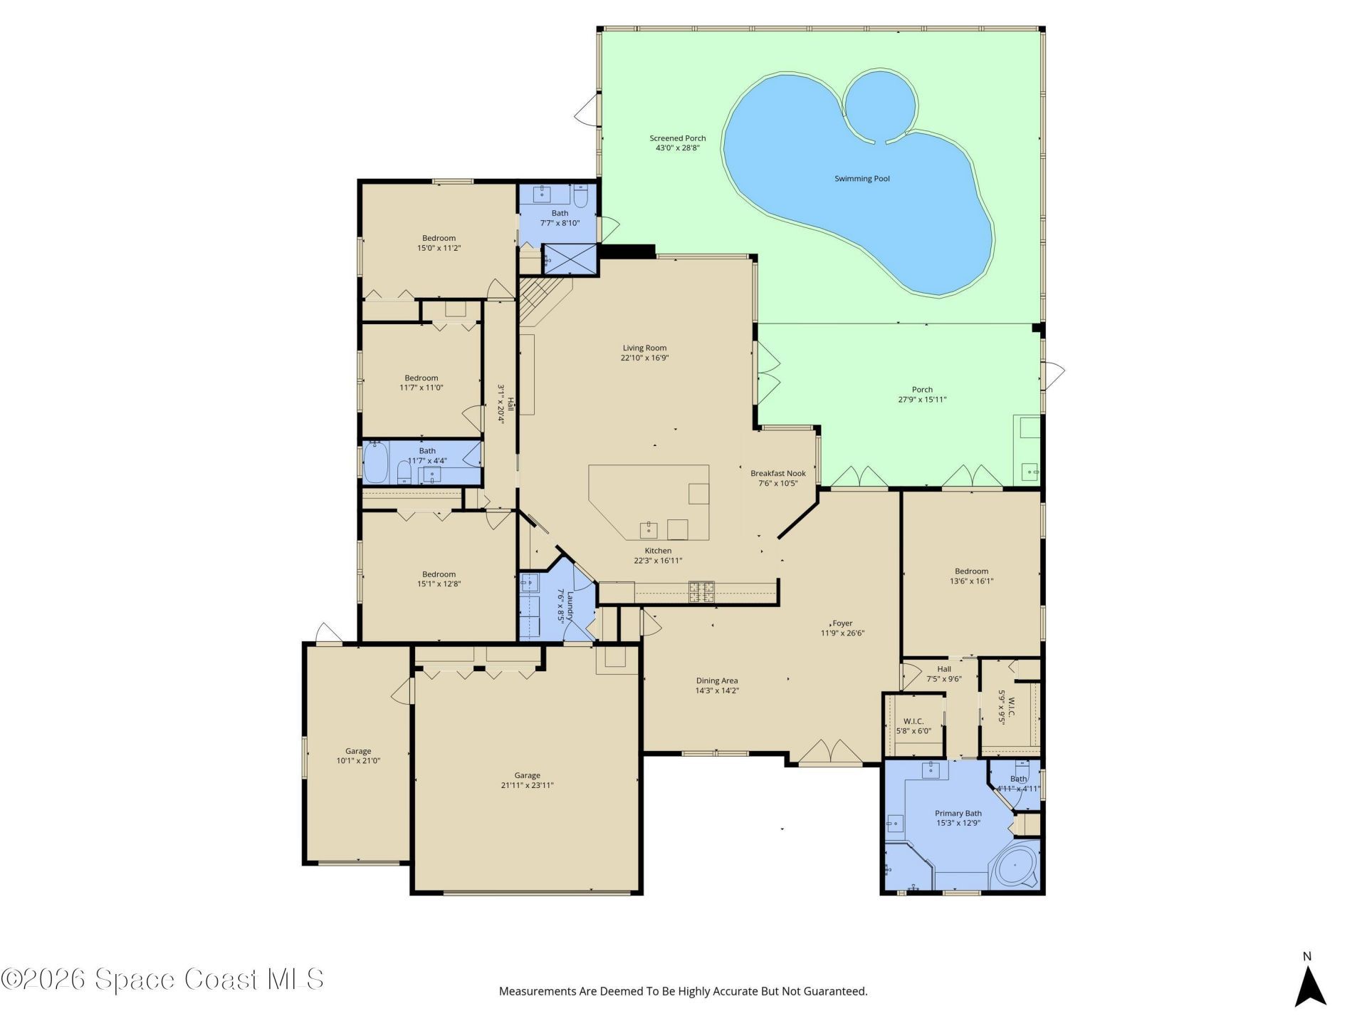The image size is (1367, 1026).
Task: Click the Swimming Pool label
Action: pos(861,179)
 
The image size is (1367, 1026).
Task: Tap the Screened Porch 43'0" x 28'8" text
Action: pos(677,143)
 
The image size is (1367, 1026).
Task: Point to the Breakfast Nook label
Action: pos(777,473)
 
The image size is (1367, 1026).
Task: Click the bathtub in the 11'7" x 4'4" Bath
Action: pos(375,462)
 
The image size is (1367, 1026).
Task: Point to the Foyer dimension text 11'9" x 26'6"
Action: pos(842,633)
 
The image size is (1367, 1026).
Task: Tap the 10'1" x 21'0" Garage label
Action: pos(358,756)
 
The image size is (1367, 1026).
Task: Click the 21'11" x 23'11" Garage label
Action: pos(527,780)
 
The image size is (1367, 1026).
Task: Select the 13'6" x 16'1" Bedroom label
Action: pos(971,576)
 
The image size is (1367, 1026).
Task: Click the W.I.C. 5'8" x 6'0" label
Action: pos(913,726)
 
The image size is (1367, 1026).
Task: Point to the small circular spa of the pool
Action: pos(880,105)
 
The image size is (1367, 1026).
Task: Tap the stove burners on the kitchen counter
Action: pos(701,592)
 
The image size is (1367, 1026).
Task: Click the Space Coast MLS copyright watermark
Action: pos(162,979)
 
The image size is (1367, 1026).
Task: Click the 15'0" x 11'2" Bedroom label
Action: pos(439,243)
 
